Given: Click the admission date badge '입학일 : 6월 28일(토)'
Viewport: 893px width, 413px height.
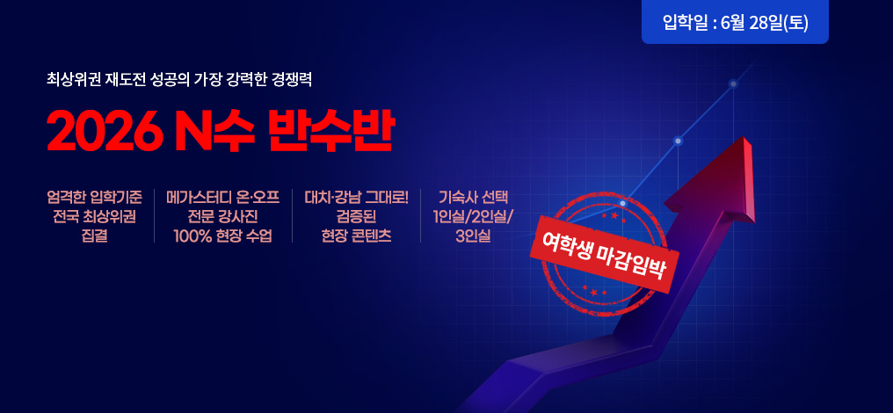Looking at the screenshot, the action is point(735,22).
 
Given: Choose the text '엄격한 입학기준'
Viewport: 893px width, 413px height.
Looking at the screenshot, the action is point(94,199).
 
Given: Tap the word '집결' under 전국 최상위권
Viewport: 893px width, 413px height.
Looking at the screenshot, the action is point(95,235).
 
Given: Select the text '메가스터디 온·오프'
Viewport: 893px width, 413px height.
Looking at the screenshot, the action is point(223,199).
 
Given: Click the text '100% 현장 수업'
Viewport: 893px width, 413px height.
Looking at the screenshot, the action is point(223,235).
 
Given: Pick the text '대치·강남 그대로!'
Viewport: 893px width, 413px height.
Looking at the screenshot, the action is point(357,199).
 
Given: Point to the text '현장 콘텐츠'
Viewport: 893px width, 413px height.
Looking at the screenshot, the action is point(357,235).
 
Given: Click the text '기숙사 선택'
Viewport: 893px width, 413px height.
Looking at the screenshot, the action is point(473,199).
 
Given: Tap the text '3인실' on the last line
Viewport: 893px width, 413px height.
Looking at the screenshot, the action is point(473,235).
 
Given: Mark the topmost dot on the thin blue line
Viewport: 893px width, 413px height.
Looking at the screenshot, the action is point(734,83).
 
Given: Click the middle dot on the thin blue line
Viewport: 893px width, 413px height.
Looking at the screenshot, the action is point(678,140).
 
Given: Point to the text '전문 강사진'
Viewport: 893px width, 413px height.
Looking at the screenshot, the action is point(223,217).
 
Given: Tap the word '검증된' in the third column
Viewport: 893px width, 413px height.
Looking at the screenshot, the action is point(357,217).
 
